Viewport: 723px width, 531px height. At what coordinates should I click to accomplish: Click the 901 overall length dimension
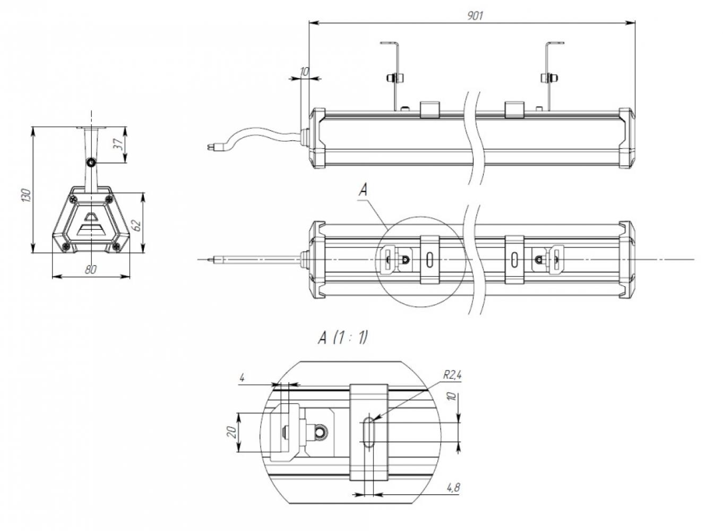[475, 15]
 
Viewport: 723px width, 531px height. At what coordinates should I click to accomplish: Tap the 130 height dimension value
[26, 195]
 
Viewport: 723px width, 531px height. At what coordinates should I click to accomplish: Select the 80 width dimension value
[91, 270]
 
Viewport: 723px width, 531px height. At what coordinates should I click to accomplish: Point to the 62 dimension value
[137, 225]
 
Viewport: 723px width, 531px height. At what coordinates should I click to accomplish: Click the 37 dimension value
[119, 144]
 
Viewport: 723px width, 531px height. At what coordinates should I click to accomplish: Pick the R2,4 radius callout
[452, 375]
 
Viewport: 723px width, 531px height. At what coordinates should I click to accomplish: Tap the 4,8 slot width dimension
[453, 487]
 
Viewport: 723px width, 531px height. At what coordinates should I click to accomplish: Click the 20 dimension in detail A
[231, 432]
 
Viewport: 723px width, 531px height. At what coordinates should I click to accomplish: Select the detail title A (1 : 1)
[343, 338]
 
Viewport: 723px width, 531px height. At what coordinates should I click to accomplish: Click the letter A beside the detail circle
[363, 190]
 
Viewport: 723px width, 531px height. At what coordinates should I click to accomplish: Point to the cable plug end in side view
[210, 148]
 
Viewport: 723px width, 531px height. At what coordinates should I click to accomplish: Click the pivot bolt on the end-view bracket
[91, 163]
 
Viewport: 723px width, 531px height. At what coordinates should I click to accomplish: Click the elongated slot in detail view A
[369, 432]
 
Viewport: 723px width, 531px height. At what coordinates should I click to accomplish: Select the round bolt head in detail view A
[321, 431]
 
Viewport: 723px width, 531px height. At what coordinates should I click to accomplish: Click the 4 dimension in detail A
[242, 378]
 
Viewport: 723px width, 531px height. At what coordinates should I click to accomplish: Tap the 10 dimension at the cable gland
[304, 72]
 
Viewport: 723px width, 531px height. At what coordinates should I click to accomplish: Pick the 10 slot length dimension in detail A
[453, 397]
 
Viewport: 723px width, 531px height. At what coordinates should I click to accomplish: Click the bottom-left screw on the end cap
[67, 247]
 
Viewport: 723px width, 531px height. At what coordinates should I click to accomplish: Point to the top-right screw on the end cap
[109, 198]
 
